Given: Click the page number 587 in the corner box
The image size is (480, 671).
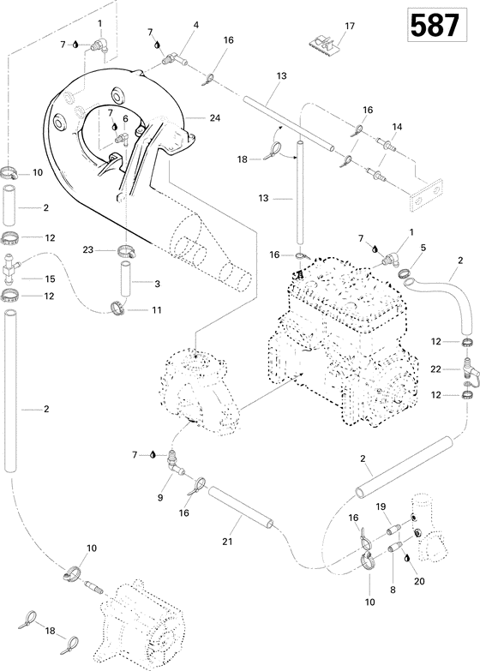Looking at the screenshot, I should click(x=435, y=27).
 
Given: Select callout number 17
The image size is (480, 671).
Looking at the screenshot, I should click(x=349, y=27).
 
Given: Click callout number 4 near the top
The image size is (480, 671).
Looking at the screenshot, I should click(x=195, y=26).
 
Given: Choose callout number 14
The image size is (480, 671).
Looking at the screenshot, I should click(x=396, y=127).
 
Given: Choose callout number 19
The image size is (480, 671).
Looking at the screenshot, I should click(x=381, y=506).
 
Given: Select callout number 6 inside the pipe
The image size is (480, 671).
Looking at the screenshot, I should click(x=125, y=118).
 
